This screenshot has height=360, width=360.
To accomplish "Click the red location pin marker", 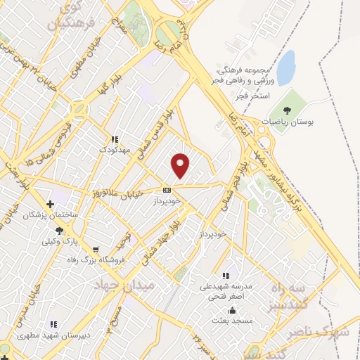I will tap(181, 166).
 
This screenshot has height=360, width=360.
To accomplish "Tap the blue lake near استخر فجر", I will tap(285, 67).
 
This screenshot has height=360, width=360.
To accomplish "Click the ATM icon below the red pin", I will tap(167, 190).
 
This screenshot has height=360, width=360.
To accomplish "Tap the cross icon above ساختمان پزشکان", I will tap(49, 203).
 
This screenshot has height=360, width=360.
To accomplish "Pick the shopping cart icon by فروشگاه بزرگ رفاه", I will tap(96, 249).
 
